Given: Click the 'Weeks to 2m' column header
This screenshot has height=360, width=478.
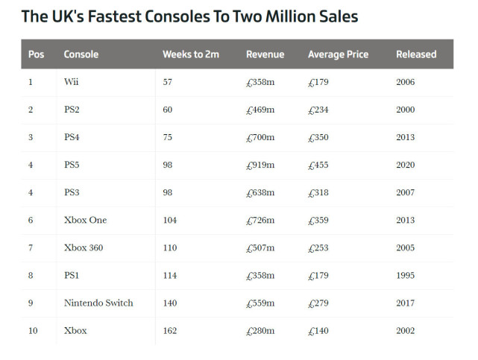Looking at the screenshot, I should point(190,54).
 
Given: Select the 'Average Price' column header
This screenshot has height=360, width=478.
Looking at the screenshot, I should point(338,54).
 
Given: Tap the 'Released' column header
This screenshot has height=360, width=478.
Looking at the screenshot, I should point(416,54).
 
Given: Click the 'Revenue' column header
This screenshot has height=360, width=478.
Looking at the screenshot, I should point(265,54).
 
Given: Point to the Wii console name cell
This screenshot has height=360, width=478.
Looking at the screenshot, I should point(72,82).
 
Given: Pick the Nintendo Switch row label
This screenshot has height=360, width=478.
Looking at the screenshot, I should point(98,303).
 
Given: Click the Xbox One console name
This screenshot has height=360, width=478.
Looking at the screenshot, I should point(85,220).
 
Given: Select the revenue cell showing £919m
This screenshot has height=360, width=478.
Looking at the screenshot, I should point(260,165).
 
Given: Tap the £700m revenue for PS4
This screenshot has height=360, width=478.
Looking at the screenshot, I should point(260,137).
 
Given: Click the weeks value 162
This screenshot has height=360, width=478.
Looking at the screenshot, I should point(170,330).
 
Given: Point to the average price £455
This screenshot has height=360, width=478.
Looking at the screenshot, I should point(319,165).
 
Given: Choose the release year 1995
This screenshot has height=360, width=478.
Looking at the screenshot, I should point(406,275).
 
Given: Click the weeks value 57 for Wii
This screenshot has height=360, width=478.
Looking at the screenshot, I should point(167,82).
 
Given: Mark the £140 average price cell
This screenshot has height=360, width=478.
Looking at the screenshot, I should point(319,330).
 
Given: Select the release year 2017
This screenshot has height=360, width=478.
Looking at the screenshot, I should point(406,303).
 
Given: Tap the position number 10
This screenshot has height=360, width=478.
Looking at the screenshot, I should point(33,330).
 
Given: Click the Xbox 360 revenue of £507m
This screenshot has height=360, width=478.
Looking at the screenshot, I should point(260,247).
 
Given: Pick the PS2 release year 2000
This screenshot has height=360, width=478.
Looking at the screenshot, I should point(406,110).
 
